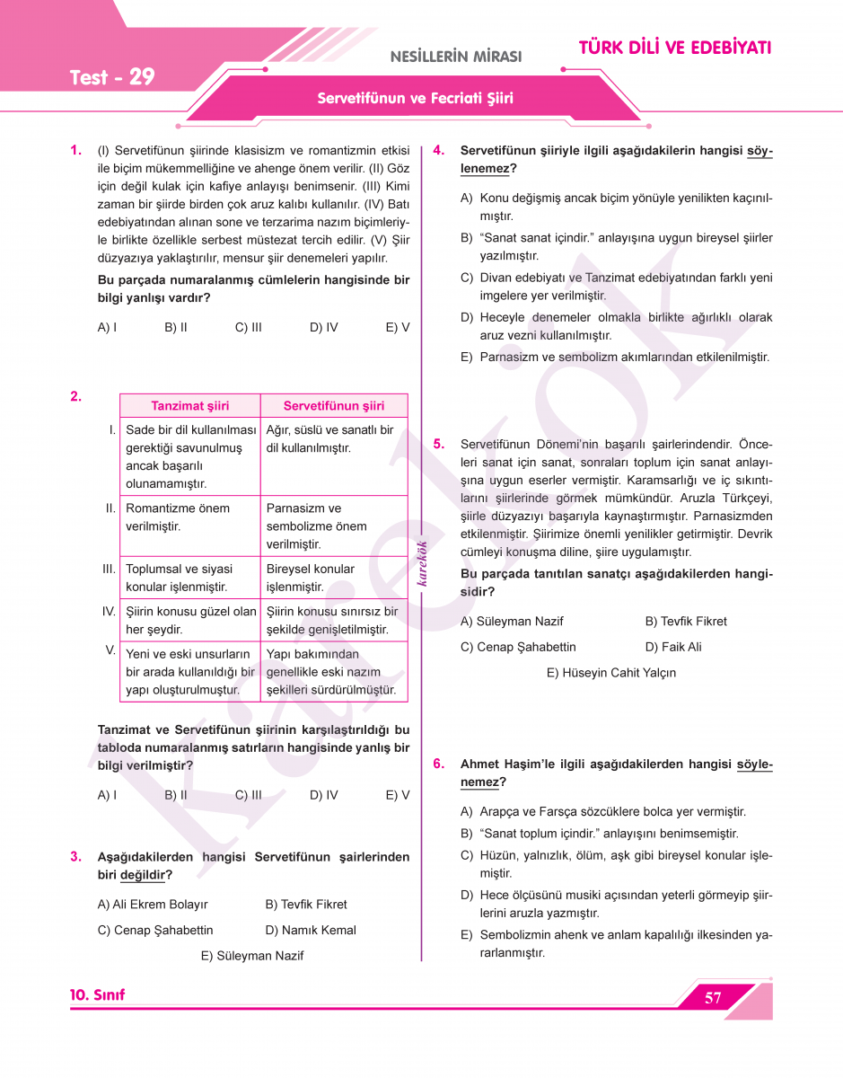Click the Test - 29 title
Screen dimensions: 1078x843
pyautogui.click(x=112, y=77)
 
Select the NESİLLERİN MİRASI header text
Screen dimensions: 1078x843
pyautogui.click(x=455, y=57)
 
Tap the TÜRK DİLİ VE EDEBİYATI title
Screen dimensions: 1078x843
pyautogui.click(x=674, y=48)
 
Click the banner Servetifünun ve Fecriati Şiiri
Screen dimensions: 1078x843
pyautogui.click(x=415, y=99)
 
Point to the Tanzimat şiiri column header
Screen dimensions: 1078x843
pyautogui.click(x=189, y=406)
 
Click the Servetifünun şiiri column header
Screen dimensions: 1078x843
pyautogui.click(x=334, y=406)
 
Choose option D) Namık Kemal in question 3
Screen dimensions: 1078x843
pyautogui.click(x=311, y=930)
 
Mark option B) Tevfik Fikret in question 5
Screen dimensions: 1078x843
pyautogui.click(x=686, y=621)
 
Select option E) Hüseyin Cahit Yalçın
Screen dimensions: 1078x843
pyautogui.click(x=610, y=672)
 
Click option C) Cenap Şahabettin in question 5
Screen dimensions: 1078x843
pyautogui.click(x=518, y=647)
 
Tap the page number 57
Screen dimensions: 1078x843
pyautogui.click(x=714, y=998)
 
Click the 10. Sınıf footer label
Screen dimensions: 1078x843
pyautogui.click(x=98, y=995)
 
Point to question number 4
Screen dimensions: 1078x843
pyautogui.click(x=439, y=150)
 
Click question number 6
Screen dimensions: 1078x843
pyautogui.click(x=439, y=764)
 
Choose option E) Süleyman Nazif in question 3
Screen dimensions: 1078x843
pyautogui.click(x=252, y=956)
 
